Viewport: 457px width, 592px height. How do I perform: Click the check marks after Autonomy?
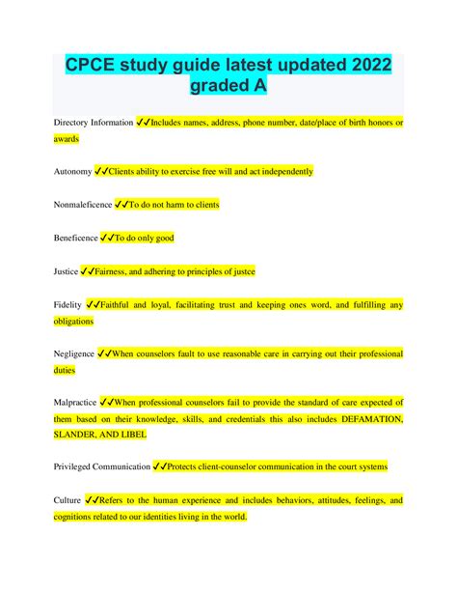[105, 171]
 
